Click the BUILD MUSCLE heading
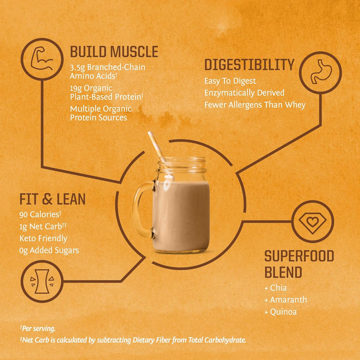pyautogui.click(x=114, y=51)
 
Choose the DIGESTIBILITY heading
pyautogui.click(x=249, y=65)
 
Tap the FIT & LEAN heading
pyautogui.click(x=52, y=199)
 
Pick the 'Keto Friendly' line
pyautogui.click(x=43, y=238)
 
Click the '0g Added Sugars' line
pyautogui.click(x=49, y=250)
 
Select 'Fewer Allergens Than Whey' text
pyautogui.click(x=254, y=104)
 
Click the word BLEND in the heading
pyautogui.click(x=283, y=272)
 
